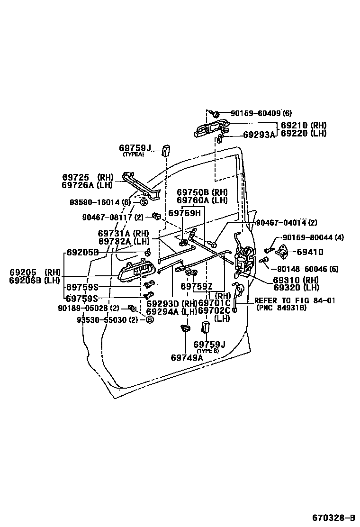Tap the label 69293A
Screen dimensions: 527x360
click(x=259, y=135)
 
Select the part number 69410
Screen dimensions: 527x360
click(x=310, y=253)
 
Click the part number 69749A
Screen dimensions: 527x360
click(x=187, y=357)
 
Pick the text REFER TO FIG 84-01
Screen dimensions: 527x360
click(x=295, y=300)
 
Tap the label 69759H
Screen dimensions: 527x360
click(x=184, y=213)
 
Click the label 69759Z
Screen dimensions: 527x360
click(x=197, y=287)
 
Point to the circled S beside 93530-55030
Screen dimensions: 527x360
click(x=149, y=319)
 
